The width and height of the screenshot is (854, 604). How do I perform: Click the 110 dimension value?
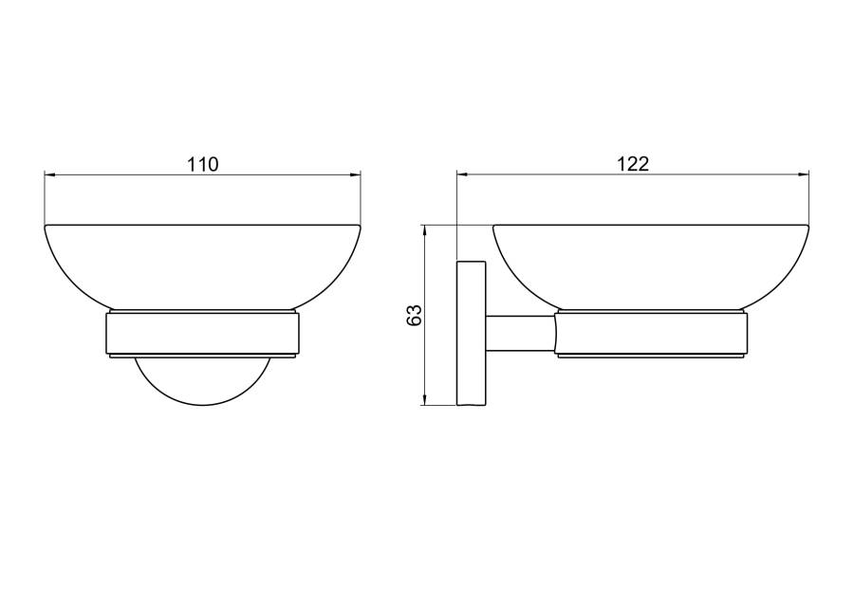click(x=203, y=164)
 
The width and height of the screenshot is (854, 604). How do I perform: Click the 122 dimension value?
click(x=633, y=164)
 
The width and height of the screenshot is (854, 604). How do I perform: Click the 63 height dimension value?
click(x=415, y=315)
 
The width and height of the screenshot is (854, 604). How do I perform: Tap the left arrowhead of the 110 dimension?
click(x=49, y=174)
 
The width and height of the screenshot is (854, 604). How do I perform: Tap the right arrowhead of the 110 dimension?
click(x=355, y=174)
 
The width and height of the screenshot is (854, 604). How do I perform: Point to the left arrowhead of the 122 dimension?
click(x=462, y=174)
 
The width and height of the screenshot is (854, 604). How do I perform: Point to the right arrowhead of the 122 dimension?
click(x=804, y=174)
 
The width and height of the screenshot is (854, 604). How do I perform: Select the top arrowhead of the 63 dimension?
click(x=424, y=230)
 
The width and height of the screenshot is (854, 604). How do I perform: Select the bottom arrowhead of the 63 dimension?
click(x=424, y=400)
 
